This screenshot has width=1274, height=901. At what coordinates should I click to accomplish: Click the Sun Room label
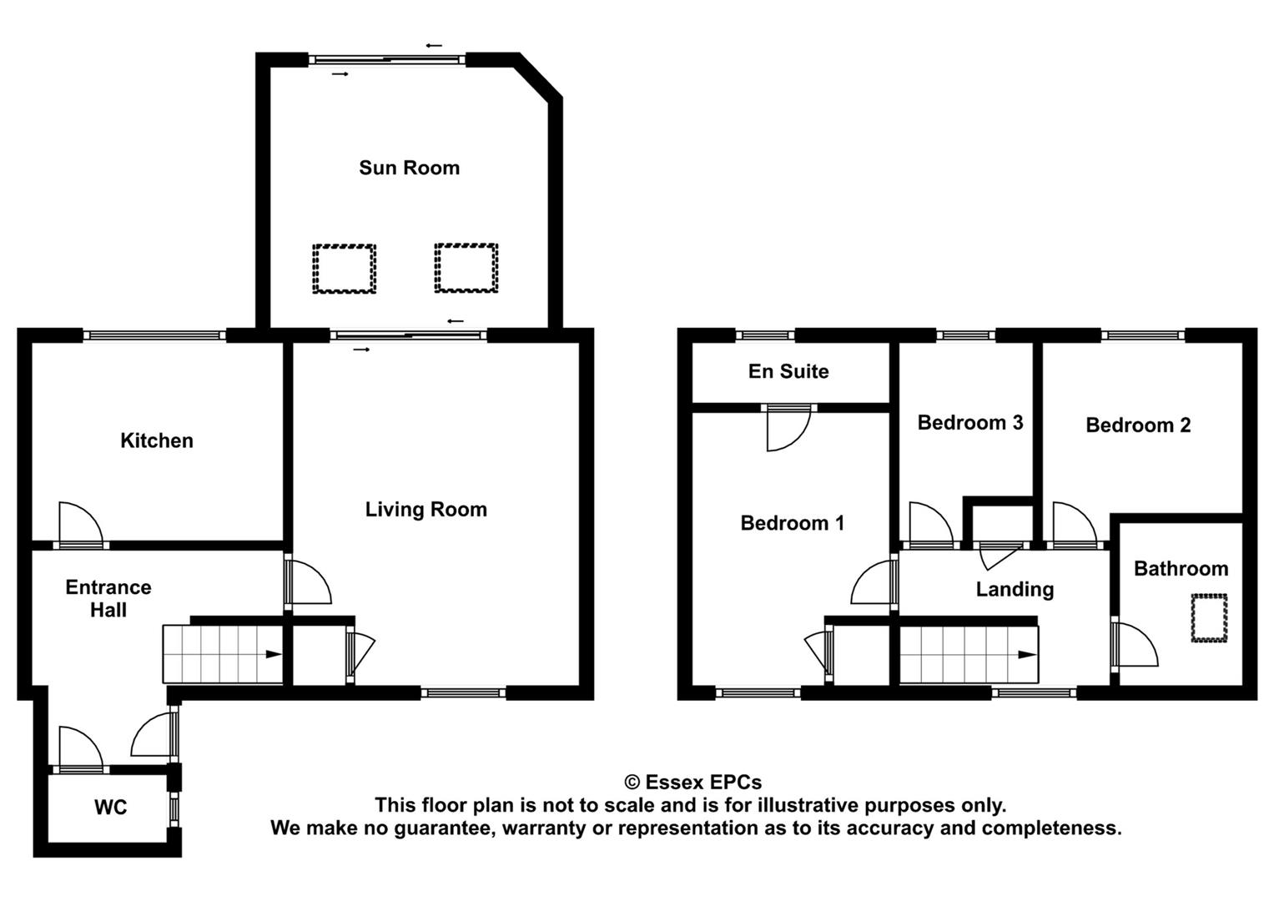point(409,168)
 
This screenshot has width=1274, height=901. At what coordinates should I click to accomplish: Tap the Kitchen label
point(157,440)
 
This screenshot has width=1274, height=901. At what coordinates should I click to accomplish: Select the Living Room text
point(426,510)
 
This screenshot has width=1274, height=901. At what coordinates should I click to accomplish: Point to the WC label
point(110,808)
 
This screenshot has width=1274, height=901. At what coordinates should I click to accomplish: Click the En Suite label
point(788,371)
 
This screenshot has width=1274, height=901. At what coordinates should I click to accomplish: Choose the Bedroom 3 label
point(969,423)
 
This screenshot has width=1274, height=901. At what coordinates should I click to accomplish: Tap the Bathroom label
point(1181,569)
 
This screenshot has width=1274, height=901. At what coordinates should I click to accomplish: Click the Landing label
point(1015,590)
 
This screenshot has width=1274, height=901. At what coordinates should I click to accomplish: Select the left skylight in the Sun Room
point(345,268)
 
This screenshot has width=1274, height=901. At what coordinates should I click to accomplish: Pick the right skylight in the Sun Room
point(466,268)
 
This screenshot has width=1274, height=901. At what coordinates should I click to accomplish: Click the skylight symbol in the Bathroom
point(1209,617)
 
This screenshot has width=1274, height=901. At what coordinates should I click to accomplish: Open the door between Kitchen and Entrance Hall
point(81,526)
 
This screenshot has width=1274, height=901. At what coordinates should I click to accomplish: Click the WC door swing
point(80,747)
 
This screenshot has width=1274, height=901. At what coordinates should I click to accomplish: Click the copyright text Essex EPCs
point(692,783)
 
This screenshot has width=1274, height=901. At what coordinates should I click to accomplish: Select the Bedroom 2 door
point(1075,526)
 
